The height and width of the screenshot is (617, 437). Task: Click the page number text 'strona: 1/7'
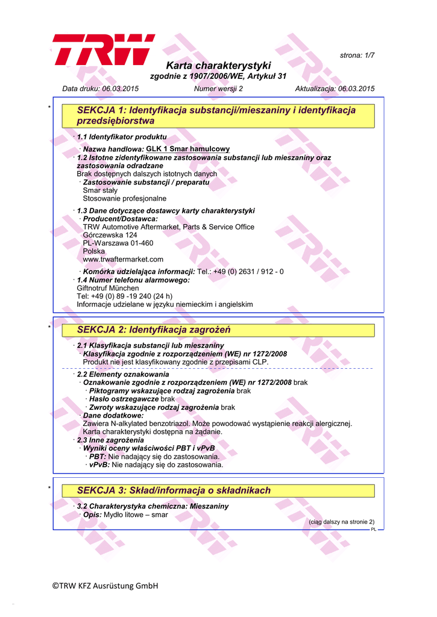pyautogui.click(x=357, y=55)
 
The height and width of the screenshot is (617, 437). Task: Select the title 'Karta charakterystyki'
pyautogui.click(x=218, y=66)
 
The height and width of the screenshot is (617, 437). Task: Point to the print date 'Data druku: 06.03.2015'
pyautogui.click(x=100, y=89)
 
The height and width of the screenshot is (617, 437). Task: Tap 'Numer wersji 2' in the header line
pyautogui.click(x=218, y=89)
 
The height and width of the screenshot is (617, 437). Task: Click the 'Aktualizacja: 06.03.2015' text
pyautogui.click(x=335, y=89)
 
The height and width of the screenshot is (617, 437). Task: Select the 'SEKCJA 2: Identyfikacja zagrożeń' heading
pyautogui.click(x=154, y=330)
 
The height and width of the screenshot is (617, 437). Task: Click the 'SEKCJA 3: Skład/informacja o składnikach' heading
pyautogui.click(x=174, y=490)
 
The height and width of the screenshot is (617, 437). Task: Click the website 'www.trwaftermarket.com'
pyautogui.click(x=123, y=259)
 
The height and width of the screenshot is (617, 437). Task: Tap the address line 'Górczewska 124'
pyautogui.click(x=110, y=235)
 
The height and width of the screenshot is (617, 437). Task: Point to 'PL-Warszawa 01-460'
pyautogui.click(x=118, y=243)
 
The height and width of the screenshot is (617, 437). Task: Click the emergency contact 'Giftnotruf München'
pyautogui.click(x=108, y=288)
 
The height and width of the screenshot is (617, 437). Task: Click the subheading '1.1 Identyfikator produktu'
pyautogui.click(x=122, y=137)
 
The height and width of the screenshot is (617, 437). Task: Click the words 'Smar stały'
pyautogui.click(x=100, y=190)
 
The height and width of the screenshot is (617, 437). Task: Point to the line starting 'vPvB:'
pyautogui.click(x=156, y=465)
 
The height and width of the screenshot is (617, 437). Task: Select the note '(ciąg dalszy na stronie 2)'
pyautogui.click(x=342, y=522)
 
